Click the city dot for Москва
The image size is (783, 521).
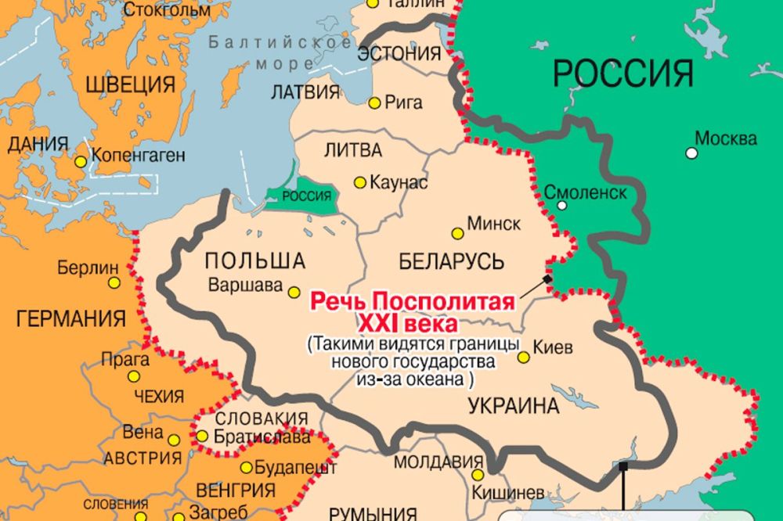click(x=691, y=153)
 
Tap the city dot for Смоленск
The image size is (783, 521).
click(x=562, y=206)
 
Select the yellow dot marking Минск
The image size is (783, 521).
click(x=457, y=232)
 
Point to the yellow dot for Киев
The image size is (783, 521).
click(x=523, y=357)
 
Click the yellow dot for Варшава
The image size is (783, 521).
click(x=294, y=292)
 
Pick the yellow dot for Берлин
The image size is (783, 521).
click(x=114, y=282)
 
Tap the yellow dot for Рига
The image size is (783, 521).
click(x=374, y=102)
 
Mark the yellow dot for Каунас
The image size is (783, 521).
click(x=359, y=182)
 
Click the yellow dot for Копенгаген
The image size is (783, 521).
click(x=81, y=162)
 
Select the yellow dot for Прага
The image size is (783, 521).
click(x=134, y=376)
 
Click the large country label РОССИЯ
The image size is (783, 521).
click(x=623, y=74)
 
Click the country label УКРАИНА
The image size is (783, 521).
click(x=514, y=406)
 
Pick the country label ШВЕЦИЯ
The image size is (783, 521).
click(x=129, y=84)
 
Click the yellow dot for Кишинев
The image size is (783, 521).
click(x=477, y=475)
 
